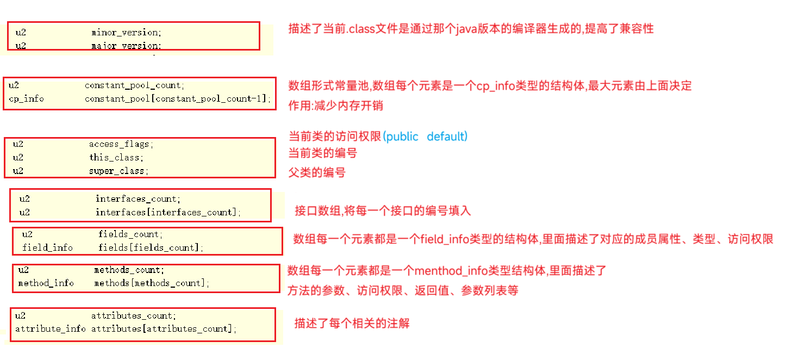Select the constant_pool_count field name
(134, 85)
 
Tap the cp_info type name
(26, 99)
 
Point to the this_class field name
(116, 158)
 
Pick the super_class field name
(118, 171)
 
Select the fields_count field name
(130, 234)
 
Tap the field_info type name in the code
(47, 247)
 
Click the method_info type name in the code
(46, 283)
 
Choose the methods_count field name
(129, 270)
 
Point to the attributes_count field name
(133, 315)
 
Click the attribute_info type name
(51, 329)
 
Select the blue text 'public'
(402, 136)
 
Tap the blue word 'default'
(446, 136)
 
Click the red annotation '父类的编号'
(317, 173)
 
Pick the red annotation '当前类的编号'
(322, 153)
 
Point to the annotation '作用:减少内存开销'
(335, 105)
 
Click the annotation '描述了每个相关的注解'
(352, 324)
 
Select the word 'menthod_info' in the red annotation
(448, 270)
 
